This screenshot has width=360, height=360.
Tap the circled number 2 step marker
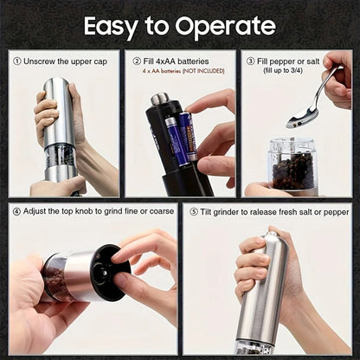[135, 61]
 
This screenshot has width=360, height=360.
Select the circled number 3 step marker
[250, 61]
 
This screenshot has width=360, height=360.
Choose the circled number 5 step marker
[193, 211]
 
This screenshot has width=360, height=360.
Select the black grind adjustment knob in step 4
[112, 272]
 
